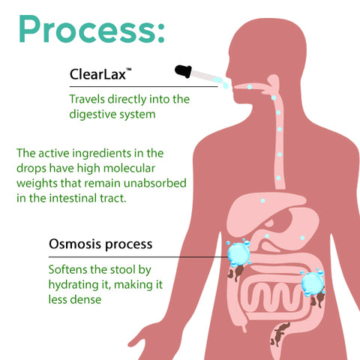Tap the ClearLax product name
tap(97, 74)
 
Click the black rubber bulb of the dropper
tap(183, 70)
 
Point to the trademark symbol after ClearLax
tap(128, 70)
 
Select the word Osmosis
tap(75, 244)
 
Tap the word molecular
tap(129, 168)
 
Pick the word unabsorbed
tap(155, 183)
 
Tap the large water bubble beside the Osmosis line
tap(239, 253)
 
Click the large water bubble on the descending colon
tap(313, 283)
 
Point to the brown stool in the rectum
tap(280, 334)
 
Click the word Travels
tap(87, 99)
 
